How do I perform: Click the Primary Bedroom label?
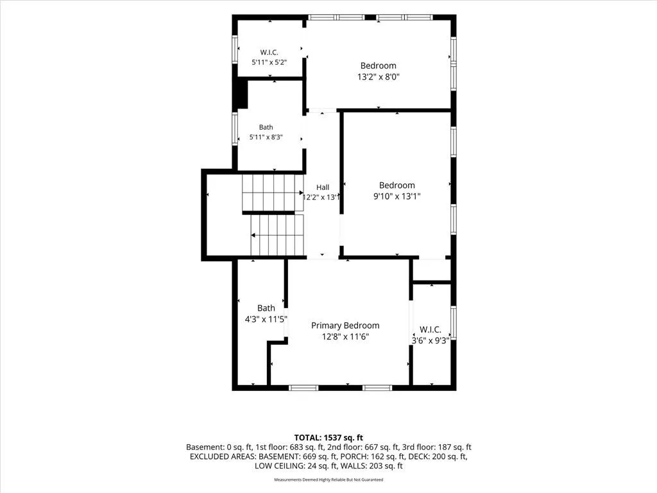point(345,325)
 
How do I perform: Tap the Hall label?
point(323,187)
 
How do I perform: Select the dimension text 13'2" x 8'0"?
point(379,77)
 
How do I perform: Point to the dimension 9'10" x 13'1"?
point(397,196)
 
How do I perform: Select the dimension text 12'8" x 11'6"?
point(345,336)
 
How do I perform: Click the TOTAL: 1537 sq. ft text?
point(328,438)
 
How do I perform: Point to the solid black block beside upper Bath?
point(242,94)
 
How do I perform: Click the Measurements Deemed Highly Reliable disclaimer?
point(328,480)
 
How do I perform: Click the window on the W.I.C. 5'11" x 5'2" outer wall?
point(235,49)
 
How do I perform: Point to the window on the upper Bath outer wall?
point(235,129)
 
